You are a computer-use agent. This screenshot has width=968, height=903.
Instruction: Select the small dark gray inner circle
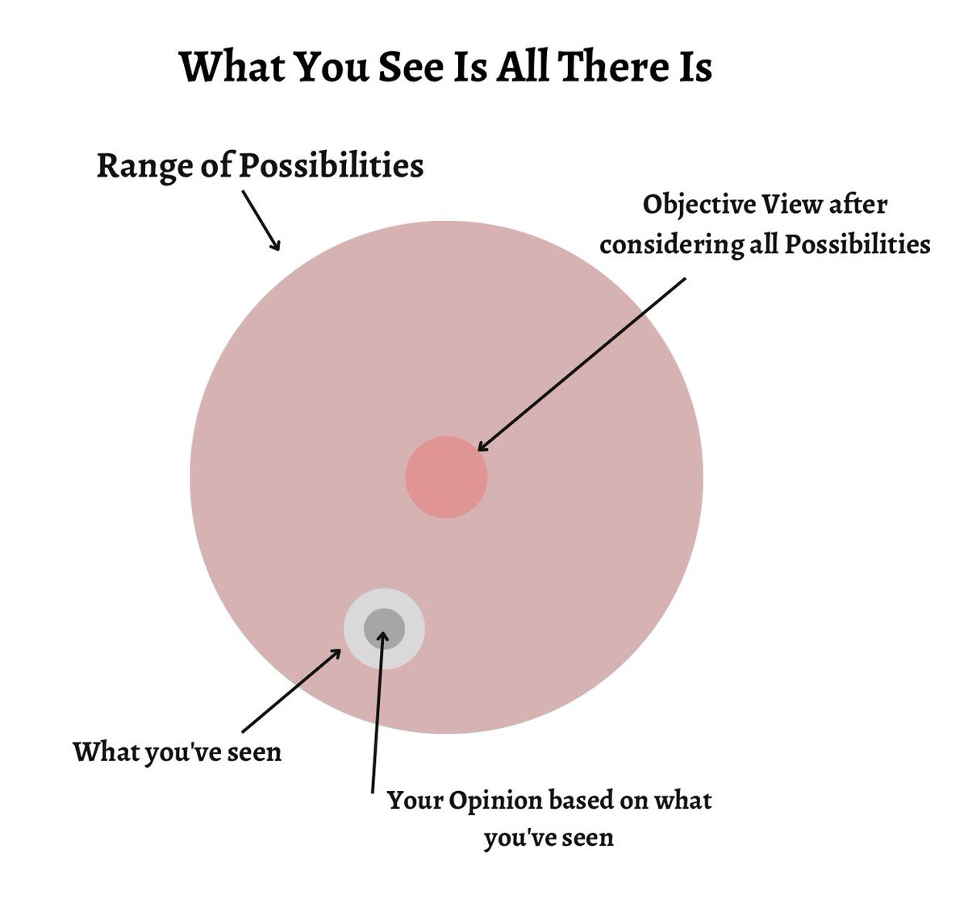click(x=384, y=628)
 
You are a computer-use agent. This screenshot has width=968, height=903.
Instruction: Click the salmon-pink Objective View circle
click(x=446, y=476)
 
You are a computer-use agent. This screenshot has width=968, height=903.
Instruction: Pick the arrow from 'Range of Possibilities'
click(x=261, y=219)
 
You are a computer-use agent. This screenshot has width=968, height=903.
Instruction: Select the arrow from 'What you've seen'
click(x=290, y=689)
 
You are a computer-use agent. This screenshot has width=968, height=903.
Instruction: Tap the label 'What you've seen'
click(x=177, y=752)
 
